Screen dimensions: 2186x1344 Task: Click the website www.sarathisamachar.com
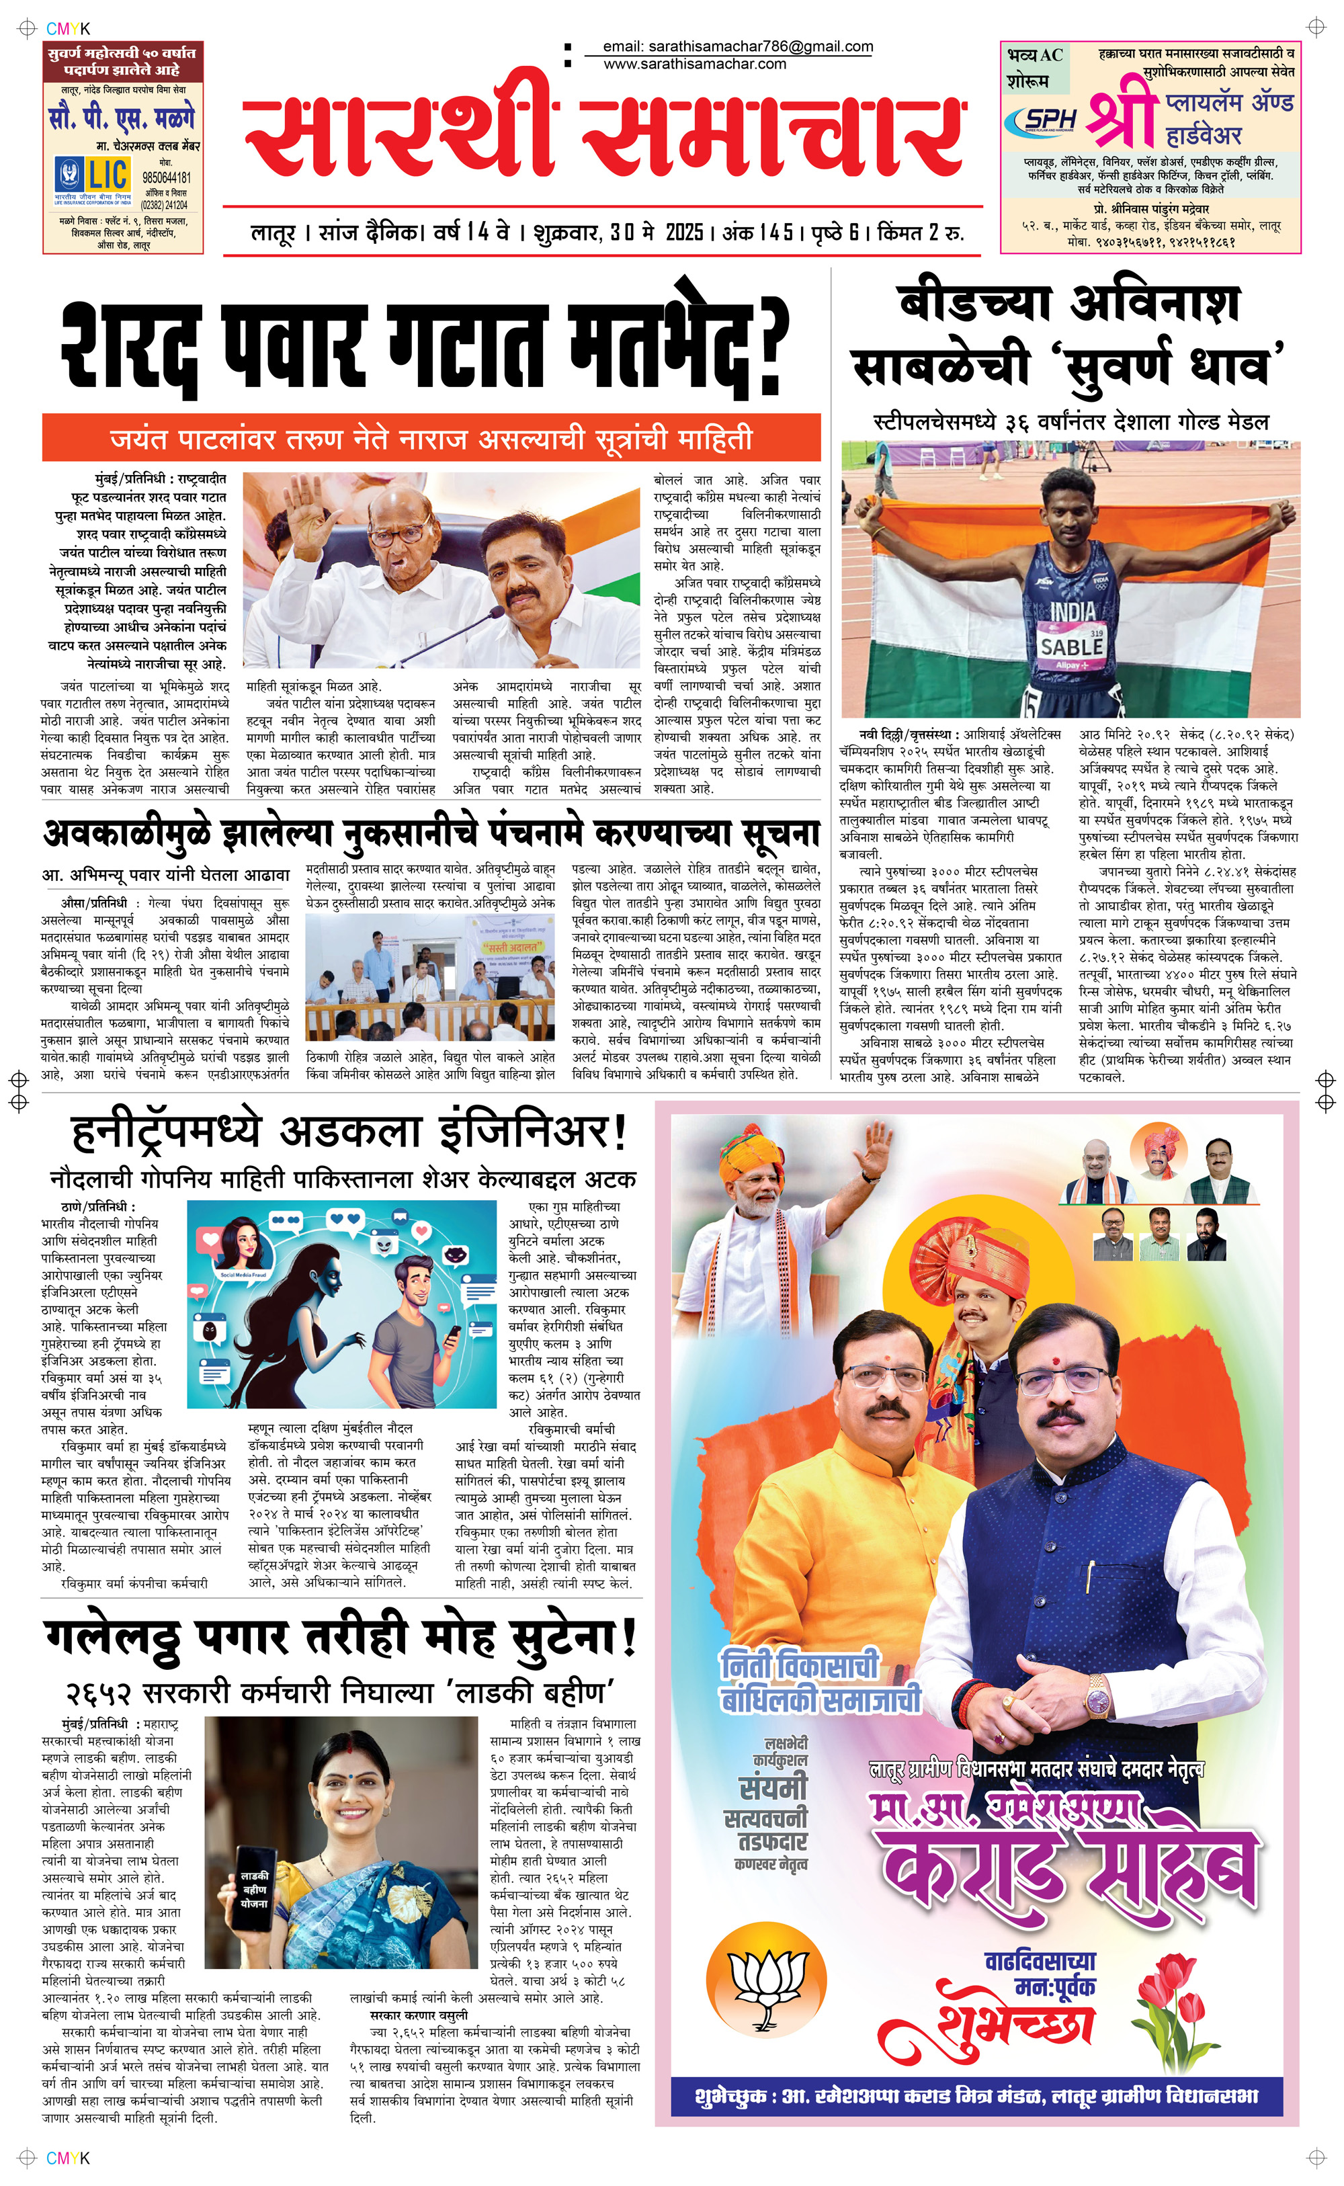click(x=694, y=64)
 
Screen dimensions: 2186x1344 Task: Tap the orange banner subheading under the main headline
click(x=431, y=438)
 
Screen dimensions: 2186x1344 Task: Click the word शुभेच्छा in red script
click(x=1014, y=2017)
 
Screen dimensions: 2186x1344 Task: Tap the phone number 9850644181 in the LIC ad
click(x=166, y=177)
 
